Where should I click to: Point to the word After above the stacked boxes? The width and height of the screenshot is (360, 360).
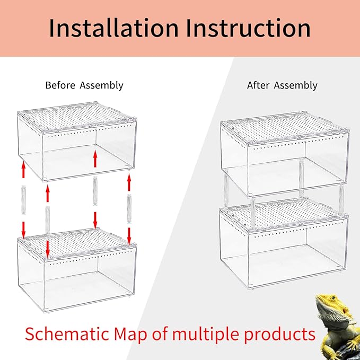click(258, 85)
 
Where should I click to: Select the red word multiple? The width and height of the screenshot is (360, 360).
click(220, 334)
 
